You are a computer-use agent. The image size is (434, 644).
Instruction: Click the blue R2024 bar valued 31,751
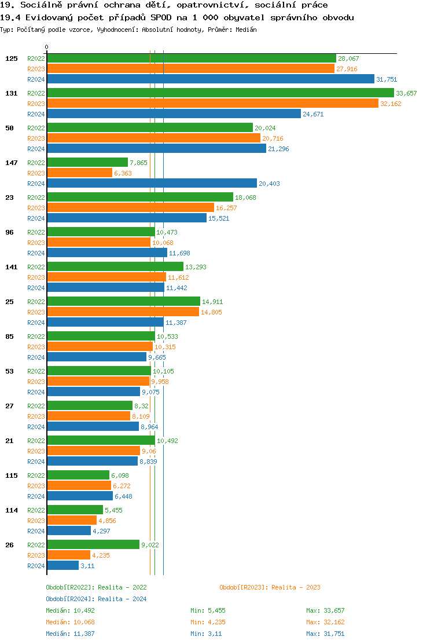tap(211, 79)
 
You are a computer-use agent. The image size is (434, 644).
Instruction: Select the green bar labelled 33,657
tap(220, 93)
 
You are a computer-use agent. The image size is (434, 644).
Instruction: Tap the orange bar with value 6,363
tap(79, 173)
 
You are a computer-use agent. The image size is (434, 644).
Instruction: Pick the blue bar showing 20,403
tap(152, 184)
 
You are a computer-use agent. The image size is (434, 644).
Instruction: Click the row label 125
tap(12, 58)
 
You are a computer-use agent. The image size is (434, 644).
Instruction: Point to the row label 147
tap(12, 163)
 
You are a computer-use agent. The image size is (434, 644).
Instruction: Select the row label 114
tap(12, 510)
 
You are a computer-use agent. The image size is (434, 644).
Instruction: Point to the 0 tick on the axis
tap(47, 47)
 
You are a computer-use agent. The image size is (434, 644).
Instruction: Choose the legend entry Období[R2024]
tap(70, 599)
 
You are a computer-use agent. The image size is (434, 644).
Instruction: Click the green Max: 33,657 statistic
tap(325, 610)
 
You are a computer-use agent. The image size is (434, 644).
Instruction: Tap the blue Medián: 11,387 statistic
tap(70, 634)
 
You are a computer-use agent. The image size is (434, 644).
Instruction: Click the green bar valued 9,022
tap(93, 545)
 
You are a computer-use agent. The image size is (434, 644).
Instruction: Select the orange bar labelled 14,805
tap(123, 312)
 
